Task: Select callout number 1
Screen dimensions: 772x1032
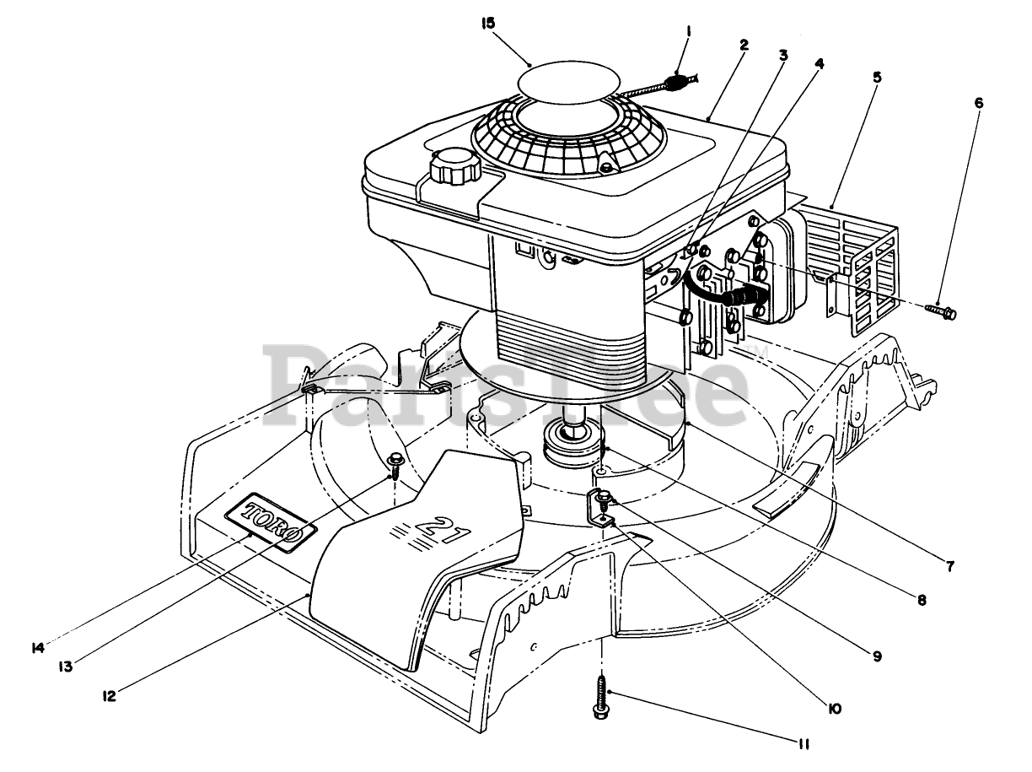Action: click(x=689, y=32)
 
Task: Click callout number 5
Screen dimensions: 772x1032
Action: click(x=878, y=78)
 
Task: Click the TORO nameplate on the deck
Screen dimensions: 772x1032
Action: click(x=270, y=523)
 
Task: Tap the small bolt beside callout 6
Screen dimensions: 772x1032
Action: click(x=942, y=312)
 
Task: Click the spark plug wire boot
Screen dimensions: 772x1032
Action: click(x=743, y=298)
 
